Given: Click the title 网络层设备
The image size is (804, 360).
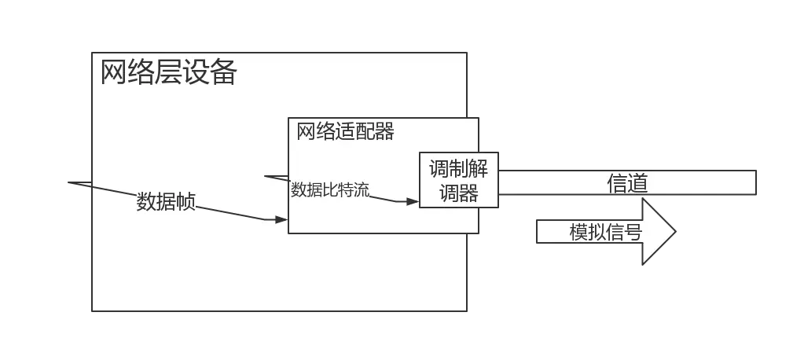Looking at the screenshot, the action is [x=168, y=73].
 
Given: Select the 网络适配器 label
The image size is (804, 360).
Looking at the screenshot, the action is [x=345, y=131].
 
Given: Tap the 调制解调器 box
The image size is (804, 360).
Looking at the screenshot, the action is [x=458, y=180].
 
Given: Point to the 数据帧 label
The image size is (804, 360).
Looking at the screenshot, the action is [x=166, y=202].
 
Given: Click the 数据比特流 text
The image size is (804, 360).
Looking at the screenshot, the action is [x=330, y=189].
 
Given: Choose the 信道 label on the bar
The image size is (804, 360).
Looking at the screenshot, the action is [x=627, y=183].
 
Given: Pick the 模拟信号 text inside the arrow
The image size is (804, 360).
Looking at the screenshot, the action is [x=605, y=232].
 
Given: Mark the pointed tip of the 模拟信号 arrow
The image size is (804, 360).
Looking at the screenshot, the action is [x=674, y=232].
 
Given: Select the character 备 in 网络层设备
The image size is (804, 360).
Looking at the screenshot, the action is [x=223, y=73].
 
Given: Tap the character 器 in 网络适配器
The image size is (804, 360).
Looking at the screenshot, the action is [x=384, y=131].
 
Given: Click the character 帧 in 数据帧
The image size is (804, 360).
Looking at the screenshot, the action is [x=185, y=202].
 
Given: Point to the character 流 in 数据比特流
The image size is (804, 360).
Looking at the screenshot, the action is [x=362, y=189].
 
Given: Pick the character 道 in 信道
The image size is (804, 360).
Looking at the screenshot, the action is [x=637, y=183].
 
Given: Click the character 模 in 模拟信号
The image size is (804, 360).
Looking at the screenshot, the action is [x=579, y=232].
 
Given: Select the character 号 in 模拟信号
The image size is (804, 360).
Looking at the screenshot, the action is [x=633, y=232].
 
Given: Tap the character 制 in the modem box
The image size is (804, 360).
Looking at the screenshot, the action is [x=458, y=169].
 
